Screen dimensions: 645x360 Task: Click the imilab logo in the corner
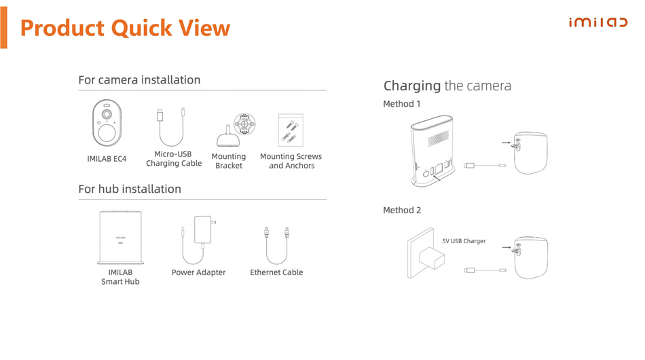pyautogui.click(x=598, y=22)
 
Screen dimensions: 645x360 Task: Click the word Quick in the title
pyautogui.click(x=141, y=29)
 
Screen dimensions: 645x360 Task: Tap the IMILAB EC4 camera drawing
pyautogui.click(x=107, y=123)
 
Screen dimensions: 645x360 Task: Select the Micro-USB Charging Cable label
pyautogui.click(x=174, y=159)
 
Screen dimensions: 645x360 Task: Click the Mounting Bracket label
pyautogui.click(x=229, y=161)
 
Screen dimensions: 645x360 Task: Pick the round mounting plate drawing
pyautogui.click(x=244, y=124)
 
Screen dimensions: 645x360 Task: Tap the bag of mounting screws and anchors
pyautogui.click(x=291, y=130)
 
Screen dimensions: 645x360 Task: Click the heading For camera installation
pyautogui.click(x=139, y=80)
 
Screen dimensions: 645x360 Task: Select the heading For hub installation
pyautogui.click(x=130, y=189)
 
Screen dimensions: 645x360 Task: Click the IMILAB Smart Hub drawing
pyautogui.click(x=121, y=237)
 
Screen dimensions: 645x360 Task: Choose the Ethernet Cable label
pyautogui.click(x=276, y=272)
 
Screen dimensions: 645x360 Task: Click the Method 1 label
pyautogui.click(x=402, y=104)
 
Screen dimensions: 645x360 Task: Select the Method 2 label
pyautogui.click(x=402, y=211)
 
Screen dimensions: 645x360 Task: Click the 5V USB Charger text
pyautogui.click(x=464, y=241)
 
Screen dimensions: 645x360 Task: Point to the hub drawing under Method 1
pyautogui.click(x=432, y=151)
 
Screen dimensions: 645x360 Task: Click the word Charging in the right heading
pyautogui.click(x=412, y=86)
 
